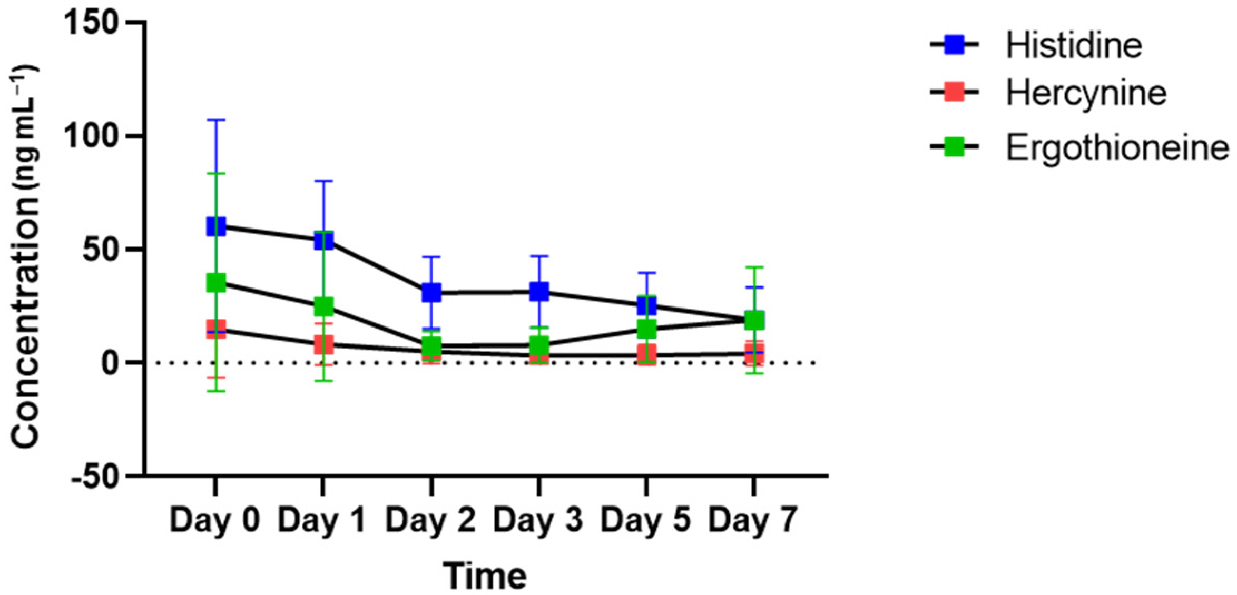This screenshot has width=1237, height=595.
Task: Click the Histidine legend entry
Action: (1073, 45)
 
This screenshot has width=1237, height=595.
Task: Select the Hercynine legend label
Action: (1086, 93)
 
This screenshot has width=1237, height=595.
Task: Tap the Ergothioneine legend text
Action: (1117, 147)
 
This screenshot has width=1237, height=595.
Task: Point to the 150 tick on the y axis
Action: (95, 23)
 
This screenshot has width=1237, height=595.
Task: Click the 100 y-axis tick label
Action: (95, 136)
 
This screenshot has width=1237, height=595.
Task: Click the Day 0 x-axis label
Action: (215, 520)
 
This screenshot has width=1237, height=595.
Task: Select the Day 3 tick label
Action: (538, 520)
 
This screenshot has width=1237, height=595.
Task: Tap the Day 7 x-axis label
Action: (753, 520)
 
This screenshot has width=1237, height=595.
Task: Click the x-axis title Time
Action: (485, 576)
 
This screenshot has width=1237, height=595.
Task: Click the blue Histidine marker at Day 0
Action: (216, 226)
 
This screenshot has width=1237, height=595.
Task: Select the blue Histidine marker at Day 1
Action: (323, 240)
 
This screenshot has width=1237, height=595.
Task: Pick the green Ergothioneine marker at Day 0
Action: (216, 283)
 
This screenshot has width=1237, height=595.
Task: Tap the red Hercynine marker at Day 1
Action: (323, 345)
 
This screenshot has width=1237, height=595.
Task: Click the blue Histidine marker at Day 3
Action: (539, 291)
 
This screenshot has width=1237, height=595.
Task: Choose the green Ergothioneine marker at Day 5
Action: (646, 330)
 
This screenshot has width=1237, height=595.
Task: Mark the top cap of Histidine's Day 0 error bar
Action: (216, 120)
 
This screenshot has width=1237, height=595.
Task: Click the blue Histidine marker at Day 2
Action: (431, 292)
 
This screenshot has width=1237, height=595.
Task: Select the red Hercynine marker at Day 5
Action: (646, 353)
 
